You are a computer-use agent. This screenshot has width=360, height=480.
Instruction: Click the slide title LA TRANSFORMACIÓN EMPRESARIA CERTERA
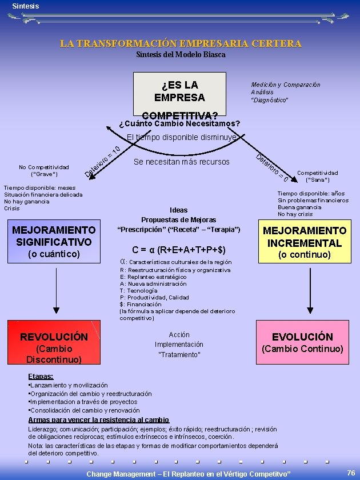click(x=181, y=43)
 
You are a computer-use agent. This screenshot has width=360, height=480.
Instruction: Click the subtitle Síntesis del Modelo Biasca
click(x=181, y=54)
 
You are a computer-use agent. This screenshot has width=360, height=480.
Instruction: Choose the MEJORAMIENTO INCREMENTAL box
click(x=304, y=242)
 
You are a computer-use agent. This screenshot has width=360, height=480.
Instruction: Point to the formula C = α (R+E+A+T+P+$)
click(x=179, y=250)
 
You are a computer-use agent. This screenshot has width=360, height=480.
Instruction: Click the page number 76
click(x=351, y=473)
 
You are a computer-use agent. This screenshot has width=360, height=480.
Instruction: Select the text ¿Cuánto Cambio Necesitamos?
click(x=179, y=123)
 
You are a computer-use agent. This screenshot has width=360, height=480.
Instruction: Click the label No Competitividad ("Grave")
click(x=43, y=170)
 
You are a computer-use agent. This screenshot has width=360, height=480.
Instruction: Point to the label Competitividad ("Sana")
click(x=317, y=176)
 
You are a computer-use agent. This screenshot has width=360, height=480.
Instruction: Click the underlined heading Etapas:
click(x=41, y=377)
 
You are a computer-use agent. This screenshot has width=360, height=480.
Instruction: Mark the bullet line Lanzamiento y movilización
click(x=69, y=386)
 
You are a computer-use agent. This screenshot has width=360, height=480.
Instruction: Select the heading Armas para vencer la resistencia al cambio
click(x=99, y=420)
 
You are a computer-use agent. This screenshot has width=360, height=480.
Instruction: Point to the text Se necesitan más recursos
click(x=181, y=162)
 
